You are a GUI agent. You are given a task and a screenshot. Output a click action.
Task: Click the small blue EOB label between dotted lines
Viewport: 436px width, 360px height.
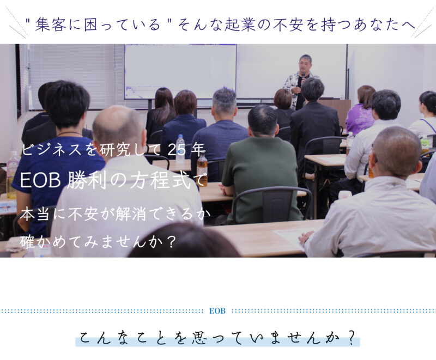(x=217, y=311)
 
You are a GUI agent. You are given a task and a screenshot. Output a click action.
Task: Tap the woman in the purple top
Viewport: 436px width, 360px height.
(x=361, y=111)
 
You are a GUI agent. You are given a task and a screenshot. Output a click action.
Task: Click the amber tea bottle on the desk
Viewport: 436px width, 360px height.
(x=202, y=170)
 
